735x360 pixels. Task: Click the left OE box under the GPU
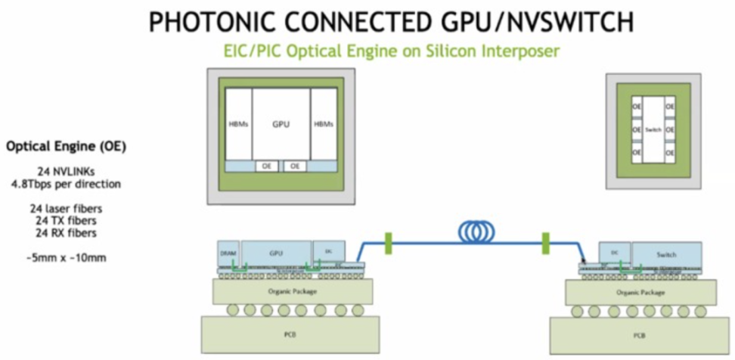point(267,165)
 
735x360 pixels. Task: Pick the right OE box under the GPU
point(295,165)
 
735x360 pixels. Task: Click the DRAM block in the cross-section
point(228,252)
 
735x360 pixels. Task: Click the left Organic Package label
point(281,290)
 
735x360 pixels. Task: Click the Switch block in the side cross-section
point(666,253)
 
